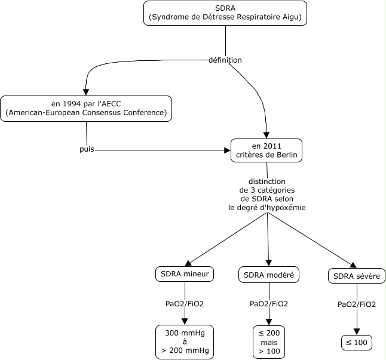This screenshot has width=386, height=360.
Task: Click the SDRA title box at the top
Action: click(225, 13)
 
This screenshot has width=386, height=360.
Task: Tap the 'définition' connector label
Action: click(225, 60)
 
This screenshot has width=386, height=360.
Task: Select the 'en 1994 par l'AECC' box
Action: click(86, 109)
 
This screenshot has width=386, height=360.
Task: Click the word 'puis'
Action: click(87, 149)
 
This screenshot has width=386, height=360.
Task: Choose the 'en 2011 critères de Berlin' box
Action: click(266, 150)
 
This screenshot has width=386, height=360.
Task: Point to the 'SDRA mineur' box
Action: click(185, 274)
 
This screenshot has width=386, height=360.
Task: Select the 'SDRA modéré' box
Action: click(269, 275)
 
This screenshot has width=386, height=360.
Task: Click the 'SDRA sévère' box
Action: click(357, 276)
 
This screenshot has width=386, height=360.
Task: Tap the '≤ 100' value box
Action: click(357, 343)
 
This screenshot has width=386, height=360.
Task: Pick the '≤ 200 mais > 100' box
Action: click(269, 342)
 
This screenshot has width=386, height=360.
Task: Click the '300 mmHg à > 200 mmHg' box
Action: click(185, 342)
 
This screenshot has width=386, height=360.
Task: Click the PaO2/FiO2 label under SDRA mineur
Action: click(185, 304)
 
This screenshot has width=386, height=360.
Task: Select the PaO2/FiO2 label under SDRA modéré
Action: click(269, 304)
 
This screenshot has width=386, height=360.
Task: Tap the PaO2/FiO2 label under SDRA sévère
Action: click(357, 304)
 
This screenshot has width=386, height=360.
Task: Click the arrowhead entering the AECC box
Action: click(85, 92)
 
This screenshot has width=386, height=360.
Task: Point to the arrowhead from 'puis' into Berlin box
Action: click(227, 150)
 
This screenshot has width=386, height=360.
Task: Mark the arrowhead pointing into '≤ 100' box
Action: click(357, 331)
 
